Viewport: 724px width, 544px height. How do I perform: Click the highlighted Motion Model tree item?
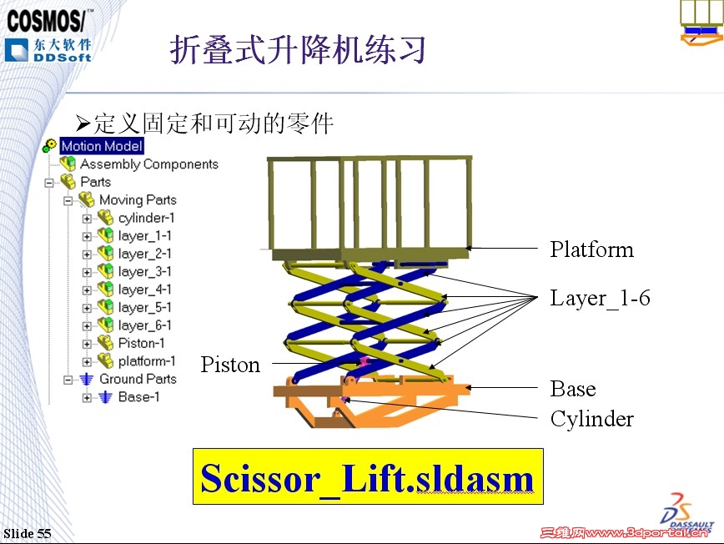[102, 146]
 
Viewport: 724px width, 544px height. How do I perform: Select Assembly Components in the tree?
[148, 164]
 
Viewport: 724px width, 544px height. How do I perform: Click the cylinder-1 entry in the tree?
[146, 218]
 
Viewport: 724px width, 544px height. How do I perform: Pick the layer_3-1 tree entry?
[144, 271]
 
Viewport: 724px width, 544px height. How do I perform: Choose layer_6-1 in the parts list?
[144, 325]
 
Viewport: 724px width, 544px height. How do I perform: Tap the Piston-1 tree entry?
[141, 343]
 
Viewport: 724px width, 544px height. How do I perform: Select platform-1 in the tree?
[147, 361]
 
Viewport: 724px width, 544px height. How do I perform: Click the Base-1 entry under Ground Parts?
[138, 397]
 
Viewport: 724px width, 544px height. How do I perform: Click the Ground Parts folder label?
[138, 379]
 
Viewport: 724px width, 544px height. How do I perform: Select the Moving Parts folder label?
[138, 200]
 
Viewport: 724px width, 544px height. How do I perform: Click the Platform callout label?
[591, 249]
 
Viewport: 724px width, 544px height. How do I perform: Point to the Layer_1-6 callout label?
[599, 298]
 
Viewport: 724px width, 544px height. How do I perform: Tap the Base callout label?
[573, 389]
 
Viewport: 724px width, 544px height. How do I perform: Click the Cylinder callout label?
[591, 418]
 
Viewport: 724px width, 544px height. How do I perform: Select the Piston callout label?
[230, 365]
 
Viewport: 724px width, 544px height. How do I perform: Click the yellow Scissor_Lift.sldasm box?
[368, 476]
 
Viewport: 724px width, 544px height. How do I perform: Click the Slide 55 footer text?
[28, 533]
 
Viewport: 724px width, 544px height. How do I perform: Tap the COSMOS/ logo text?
[49, 18]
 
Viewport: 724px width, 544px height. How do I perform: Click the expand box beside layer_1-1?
[87, 236]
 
